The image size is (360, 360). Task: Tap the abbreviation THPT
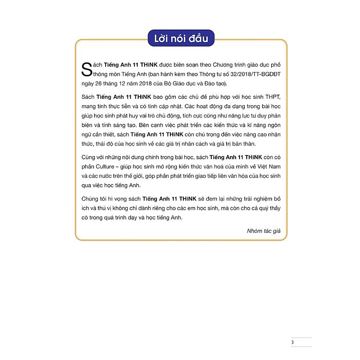click(270, 98)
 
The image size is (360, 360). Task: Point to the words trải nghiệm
click(246, 198)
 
